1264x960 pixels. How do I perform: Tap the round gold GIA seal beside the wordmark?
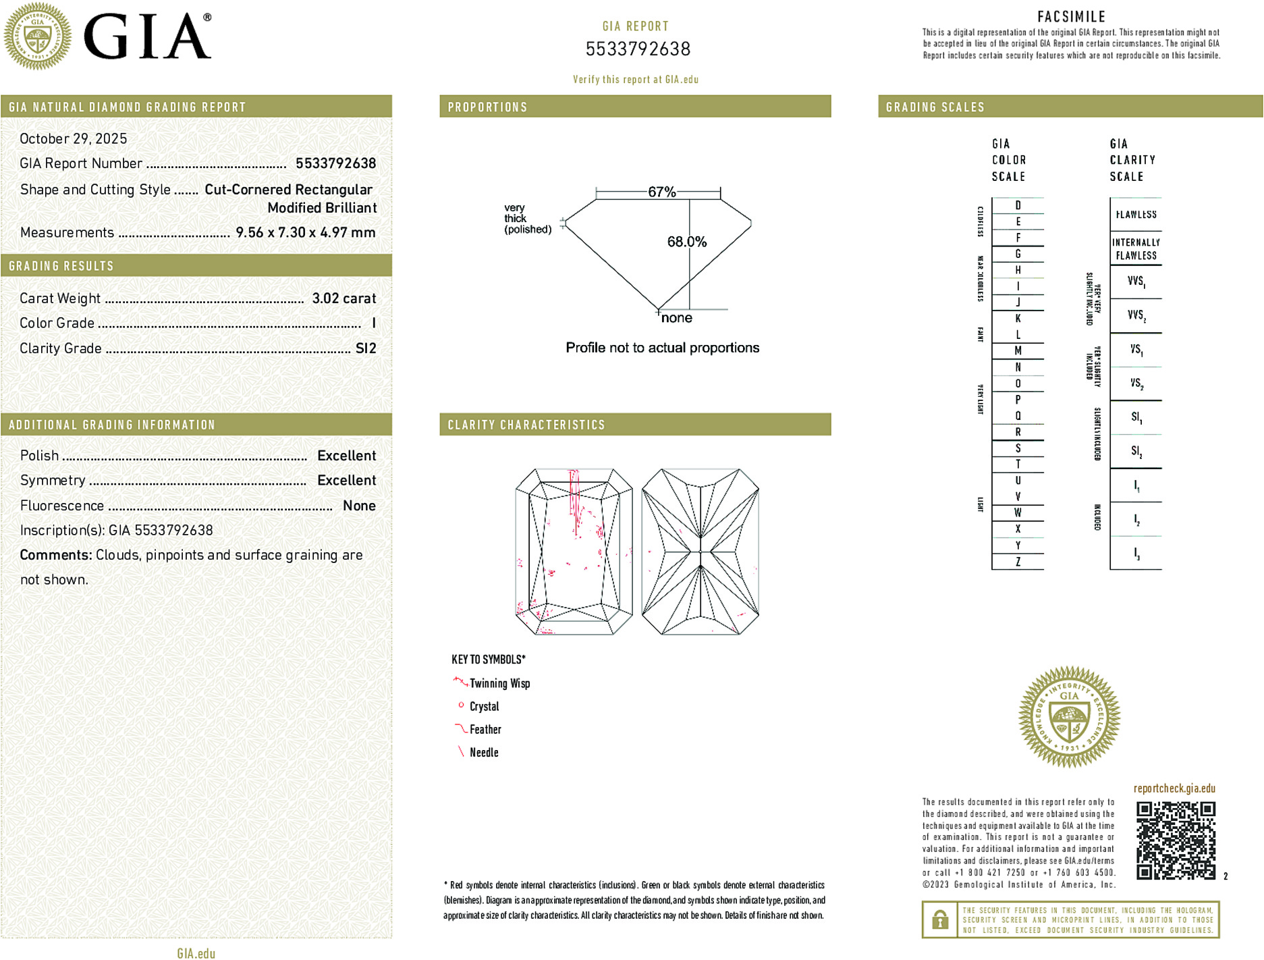(37, 36)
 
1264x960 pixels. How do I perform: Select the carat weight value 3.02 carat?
(344, 298)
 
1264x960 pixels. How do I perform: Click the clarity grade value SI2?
(366, 348)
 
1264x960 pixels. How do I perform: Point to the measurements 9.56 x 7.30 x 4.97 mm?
(305, 232)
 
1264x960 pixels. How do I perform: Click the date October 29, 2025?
(73, 138)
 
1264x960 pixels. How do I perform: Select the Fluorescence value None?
(359, 506)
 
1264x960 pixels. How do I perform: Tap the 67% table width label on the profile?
(661, 192)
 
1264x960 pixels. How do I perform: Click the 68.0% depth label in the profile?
(686, 242)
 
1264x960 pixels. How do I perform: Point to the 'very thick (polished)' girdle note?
(527, 219)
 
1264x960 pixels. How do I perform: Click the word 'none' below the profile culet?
(676, 318)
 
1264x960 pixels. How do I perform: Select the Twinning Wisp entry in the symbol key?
(499, 683)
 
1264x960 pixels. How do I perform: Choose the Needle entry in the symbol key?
(483, 752)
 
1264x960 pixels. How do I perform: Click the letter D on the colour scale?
(1018, 205)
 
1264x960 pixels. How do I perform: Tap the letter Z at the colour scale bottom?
(1018, 562)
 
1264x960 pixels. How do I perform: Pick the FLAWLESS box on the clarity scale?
(1136, 215)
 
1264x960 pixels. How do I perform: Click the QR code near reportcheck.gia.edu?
(1176, 841)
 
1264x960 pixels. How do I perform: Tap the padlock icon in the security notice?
(939, 919)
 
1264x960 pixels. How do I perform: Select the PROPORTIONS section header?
(487, 107)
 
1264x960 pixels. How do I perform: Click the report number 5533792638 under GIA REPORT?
(638, 49)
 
